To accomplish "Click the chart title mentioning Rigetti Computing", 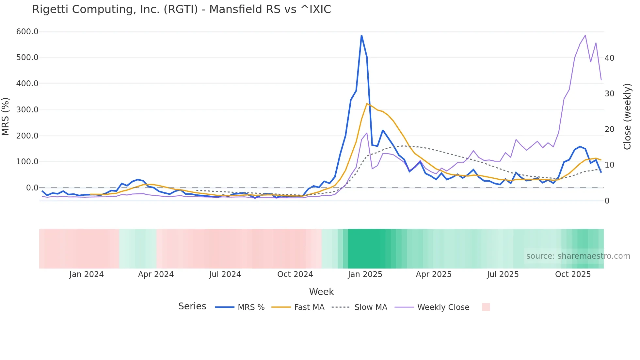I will (x=182, y=9).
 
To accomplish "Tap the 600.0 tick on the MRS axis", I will (x=27, y=32).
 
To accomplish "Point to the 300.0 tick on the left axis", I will (x=27, y=110).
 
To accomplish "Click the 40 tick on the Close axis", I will (x=609, y=58).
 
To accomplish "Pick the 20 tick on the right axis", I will (x=609, y=129).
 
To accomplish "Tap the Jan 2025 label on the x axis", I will (x=365, y=274).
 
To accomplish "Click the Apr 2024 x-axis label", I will (x=156, y=274).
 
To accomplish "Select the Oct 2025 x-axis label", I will (x=573, y=274).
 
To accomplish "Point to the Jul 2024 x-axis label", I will (x=225, y=274).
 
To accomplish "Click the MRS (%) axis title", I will (x=6, y=116).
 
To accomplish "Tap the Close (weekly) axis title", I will (x=627, y=116).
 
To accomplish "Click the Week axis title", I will (x=321, y=292).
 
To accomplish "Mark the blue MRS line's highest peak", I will (x=361, y=35).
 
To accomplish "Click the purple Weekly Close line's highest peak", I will (x=585, y=35).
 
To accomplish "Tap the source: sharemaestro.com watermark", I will (x=578, y=256).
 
